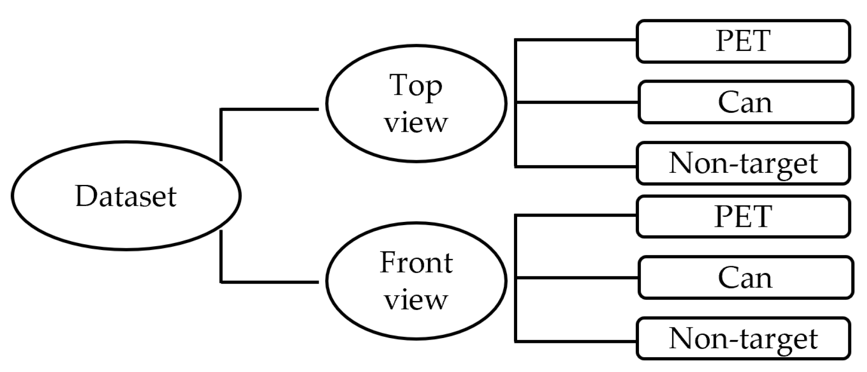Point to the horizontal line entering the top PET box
(x=576, y=40)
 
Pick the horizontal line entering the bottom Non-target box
(x=576, y=342)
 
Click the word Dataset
(x=126, y=196)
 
